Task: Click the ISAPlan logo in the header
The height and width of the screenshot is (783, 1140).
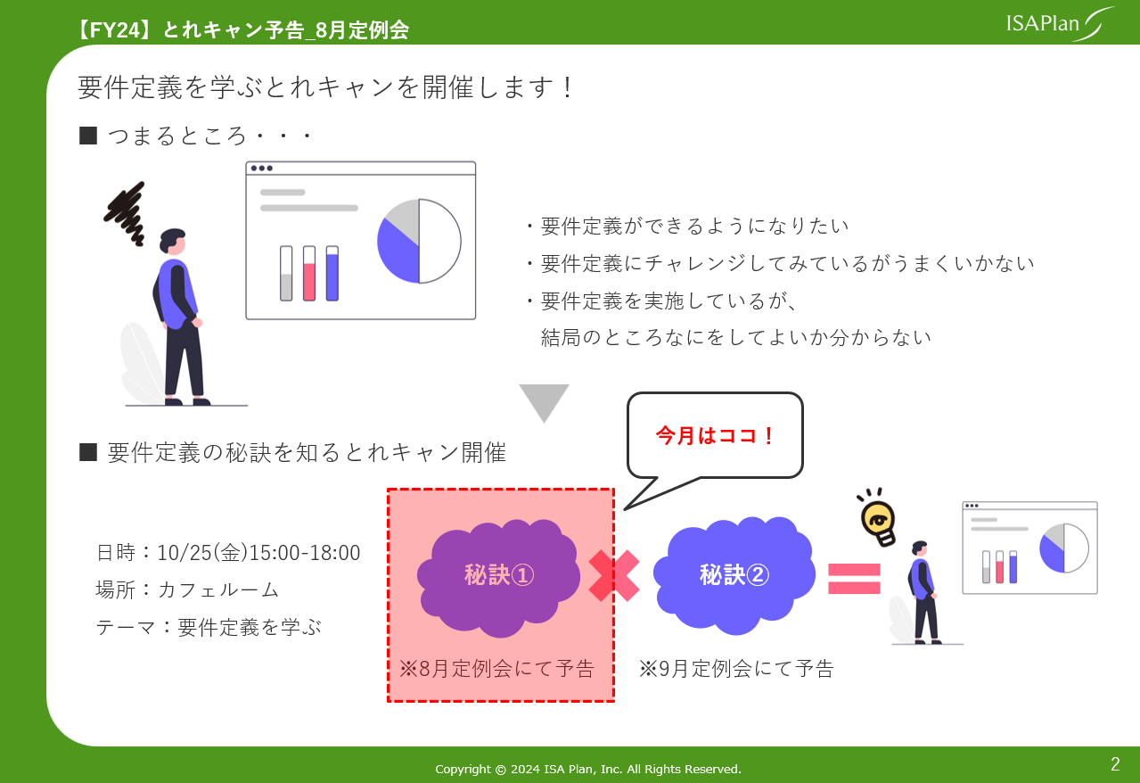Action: pos(1060,23)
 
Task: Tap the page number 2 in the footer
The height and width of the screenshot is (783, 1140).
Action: pos(1115,763)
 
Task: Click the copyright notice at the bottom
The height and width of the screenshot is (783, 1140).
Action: pos(587,769)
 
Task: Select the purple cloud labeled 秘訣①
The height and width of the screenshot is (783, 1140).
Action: pos(499,578)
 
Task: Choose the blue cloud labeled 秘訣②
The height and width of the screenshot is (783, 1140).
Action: pos(734,576)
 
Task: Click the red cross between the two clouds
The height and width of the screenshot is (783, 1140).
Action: pos(614,575)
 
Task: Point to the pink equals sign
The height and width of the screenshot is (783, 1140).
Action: pos(854,579)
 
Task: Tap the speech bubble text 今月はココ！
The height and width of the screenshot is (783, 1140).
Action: pos(715,436)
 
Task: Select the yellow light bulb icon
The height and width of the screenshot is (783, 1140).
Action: pos(878,519)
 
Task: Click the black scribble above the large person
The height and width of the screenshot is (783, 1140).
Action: pos(126,214)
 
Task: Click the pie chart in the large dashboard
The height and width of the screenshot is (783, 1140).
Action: pos(419,241)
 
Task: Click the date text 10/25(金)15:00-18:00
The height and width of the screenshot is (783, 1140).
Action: pos(258,553)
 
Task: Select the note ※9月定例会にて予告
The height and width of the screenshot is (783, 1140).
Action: pos(736,669)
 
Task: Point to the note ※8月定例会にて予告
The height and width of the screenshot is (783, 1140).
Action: pos(496,669)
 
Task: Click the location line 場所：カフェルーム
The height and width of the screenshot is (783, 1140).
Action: pos(187,590)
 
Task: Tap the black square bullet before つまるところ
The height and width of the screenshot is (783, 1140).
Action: pos(88,136)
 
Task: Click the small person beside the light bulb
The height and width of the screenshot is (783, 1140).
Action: pos(923,592)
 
